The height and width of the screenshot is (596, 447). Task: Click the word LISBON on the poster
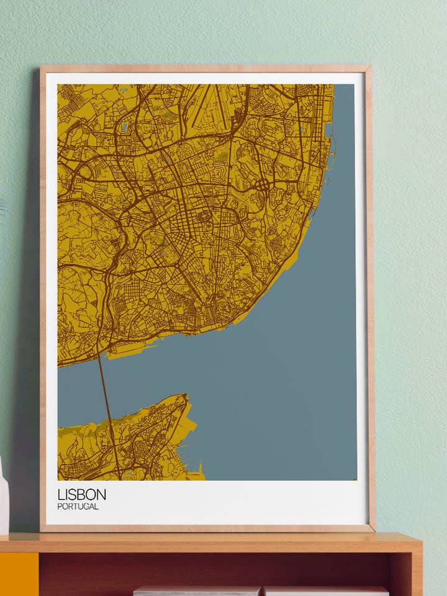(x=81, y=495)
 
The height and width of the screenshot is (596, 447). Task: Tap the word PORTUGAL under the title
(x=78, y=507)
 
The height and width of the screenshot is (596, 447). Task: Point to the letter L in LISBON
(x=61, y=495)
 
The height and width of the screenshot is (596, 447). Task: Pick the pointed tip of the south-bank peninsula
(x=184, y=395)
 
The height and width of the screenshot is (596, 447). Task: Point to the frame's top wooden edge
(x=205, y=68)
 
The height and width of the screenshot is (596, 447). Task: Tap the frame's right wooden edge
(x=370, y=298)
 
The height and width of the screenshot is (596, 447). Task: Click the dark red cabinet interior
(x=217, y=568)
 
